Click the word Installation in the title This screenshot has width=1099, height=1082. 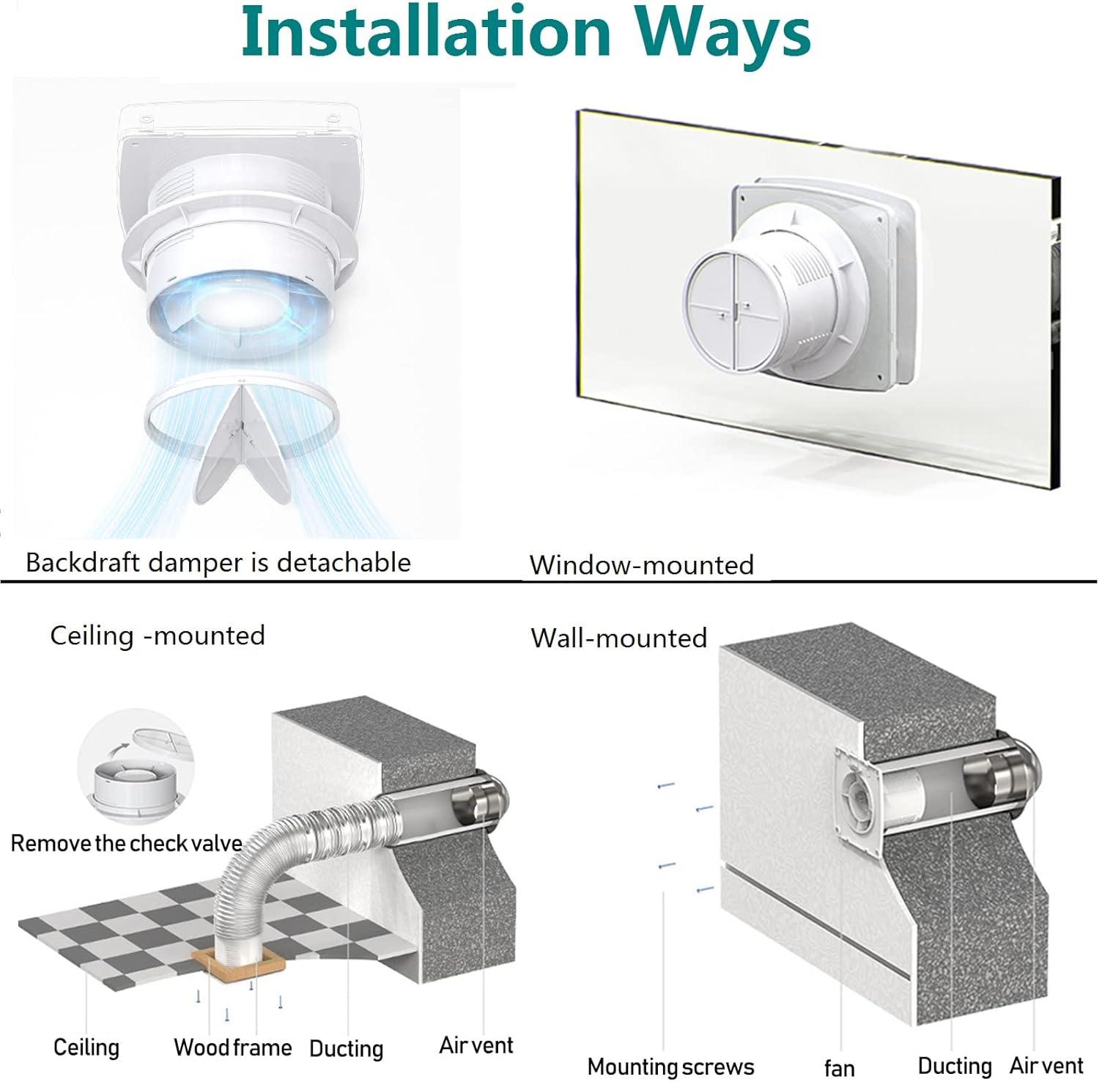click(425, 33)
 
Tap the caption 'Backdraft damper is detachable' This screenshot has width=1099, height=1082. click(218, 562)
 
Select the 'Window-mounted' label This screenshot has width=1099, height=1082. click(642, 564)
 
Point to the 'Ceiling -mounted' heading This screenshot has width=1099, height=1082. click(158, 635)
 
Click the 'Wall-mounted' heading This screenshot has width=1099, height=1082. click(619, 638)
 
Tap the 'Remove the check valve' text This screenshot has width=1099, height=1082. click(126, 843)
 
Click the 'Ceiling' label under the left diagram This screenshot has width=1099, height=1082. click(86, 1046)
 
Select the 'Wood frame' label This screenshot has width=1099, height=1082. click(233, 1047)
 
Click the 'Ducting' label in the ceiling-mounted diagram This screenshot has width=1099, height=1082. click(346, 1048)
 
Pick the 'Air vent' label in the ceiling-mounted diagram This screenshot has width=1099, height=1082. click(476, 1045)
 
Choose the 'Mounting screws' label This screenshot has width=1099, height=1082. click(670, 1066)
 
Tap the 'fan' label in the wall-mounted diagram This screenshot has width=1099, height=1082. click(840, 1068)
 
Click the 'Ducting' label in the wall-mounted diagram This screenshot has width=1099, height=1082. click(955, 1065)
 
